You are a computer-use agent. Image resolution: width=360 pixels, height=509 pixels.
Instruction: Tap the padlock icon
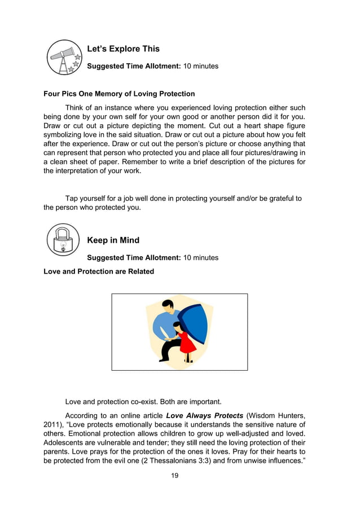click(x=63, y=240)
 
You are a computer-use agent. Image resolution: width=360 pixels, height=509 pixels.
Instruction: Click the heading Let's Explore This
click(x=123, y=49)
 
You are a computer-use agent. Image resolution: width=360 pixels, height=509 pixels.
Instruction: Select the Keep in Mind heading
click(x=113, y=240)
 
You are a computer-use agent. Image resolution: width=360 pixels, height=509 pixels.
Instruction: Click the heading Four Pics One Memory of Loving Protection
click(x=119, y=94)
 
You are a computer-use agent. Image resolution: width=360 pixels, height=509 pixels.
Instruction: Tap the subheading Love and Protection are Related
click(x=99, y=271)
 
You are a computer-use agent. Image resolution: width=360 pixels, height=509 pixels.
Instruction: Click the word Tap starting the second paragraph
click(x=72, y=198)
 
